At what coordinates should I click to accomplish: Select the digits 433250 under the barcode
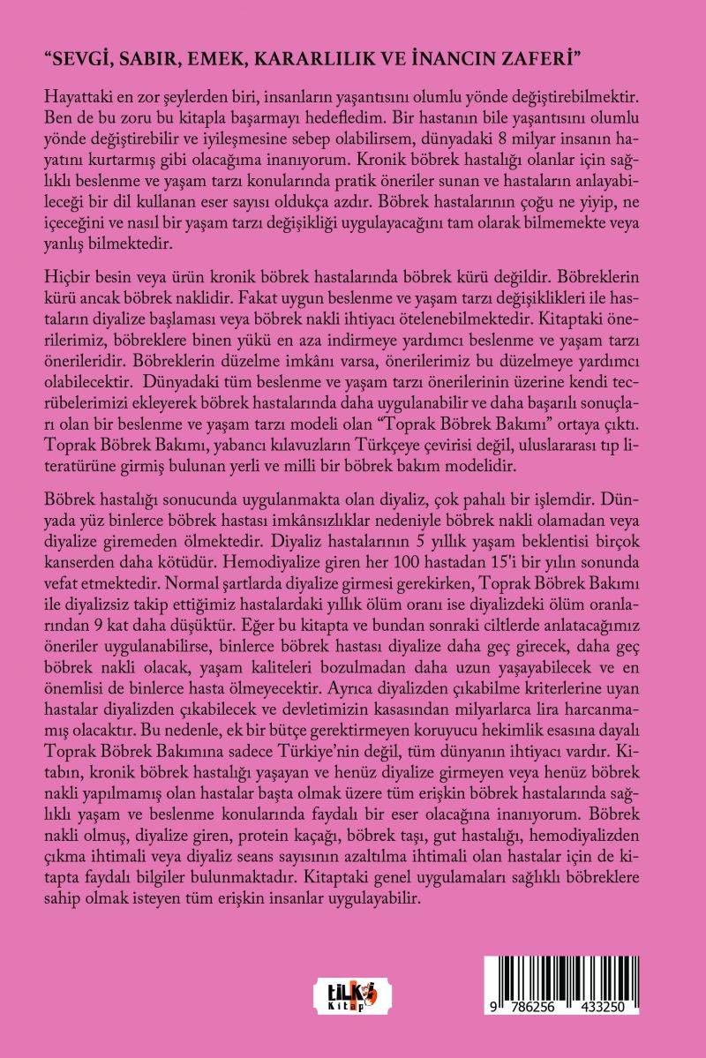click(x=605, y=1007)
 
